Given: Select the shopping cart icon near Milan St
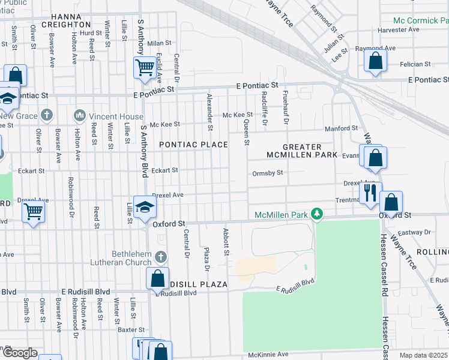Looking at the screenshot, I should [x=145, y=67].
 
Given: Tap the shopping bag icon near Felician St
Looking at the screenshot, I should [x=375, y=61].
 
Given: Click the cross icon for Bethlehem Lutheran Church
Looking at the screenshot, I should [x=160, y=257].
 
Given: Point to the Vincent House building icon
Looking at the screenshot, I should [x=79, y=115].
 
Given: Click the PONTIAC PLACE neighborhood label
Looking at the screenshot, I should [x=193, y=145].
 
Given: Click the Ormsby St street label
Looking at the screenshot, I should [x=267, y=173].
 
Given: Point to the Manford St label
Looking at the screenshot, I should [x=341, y=128].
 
